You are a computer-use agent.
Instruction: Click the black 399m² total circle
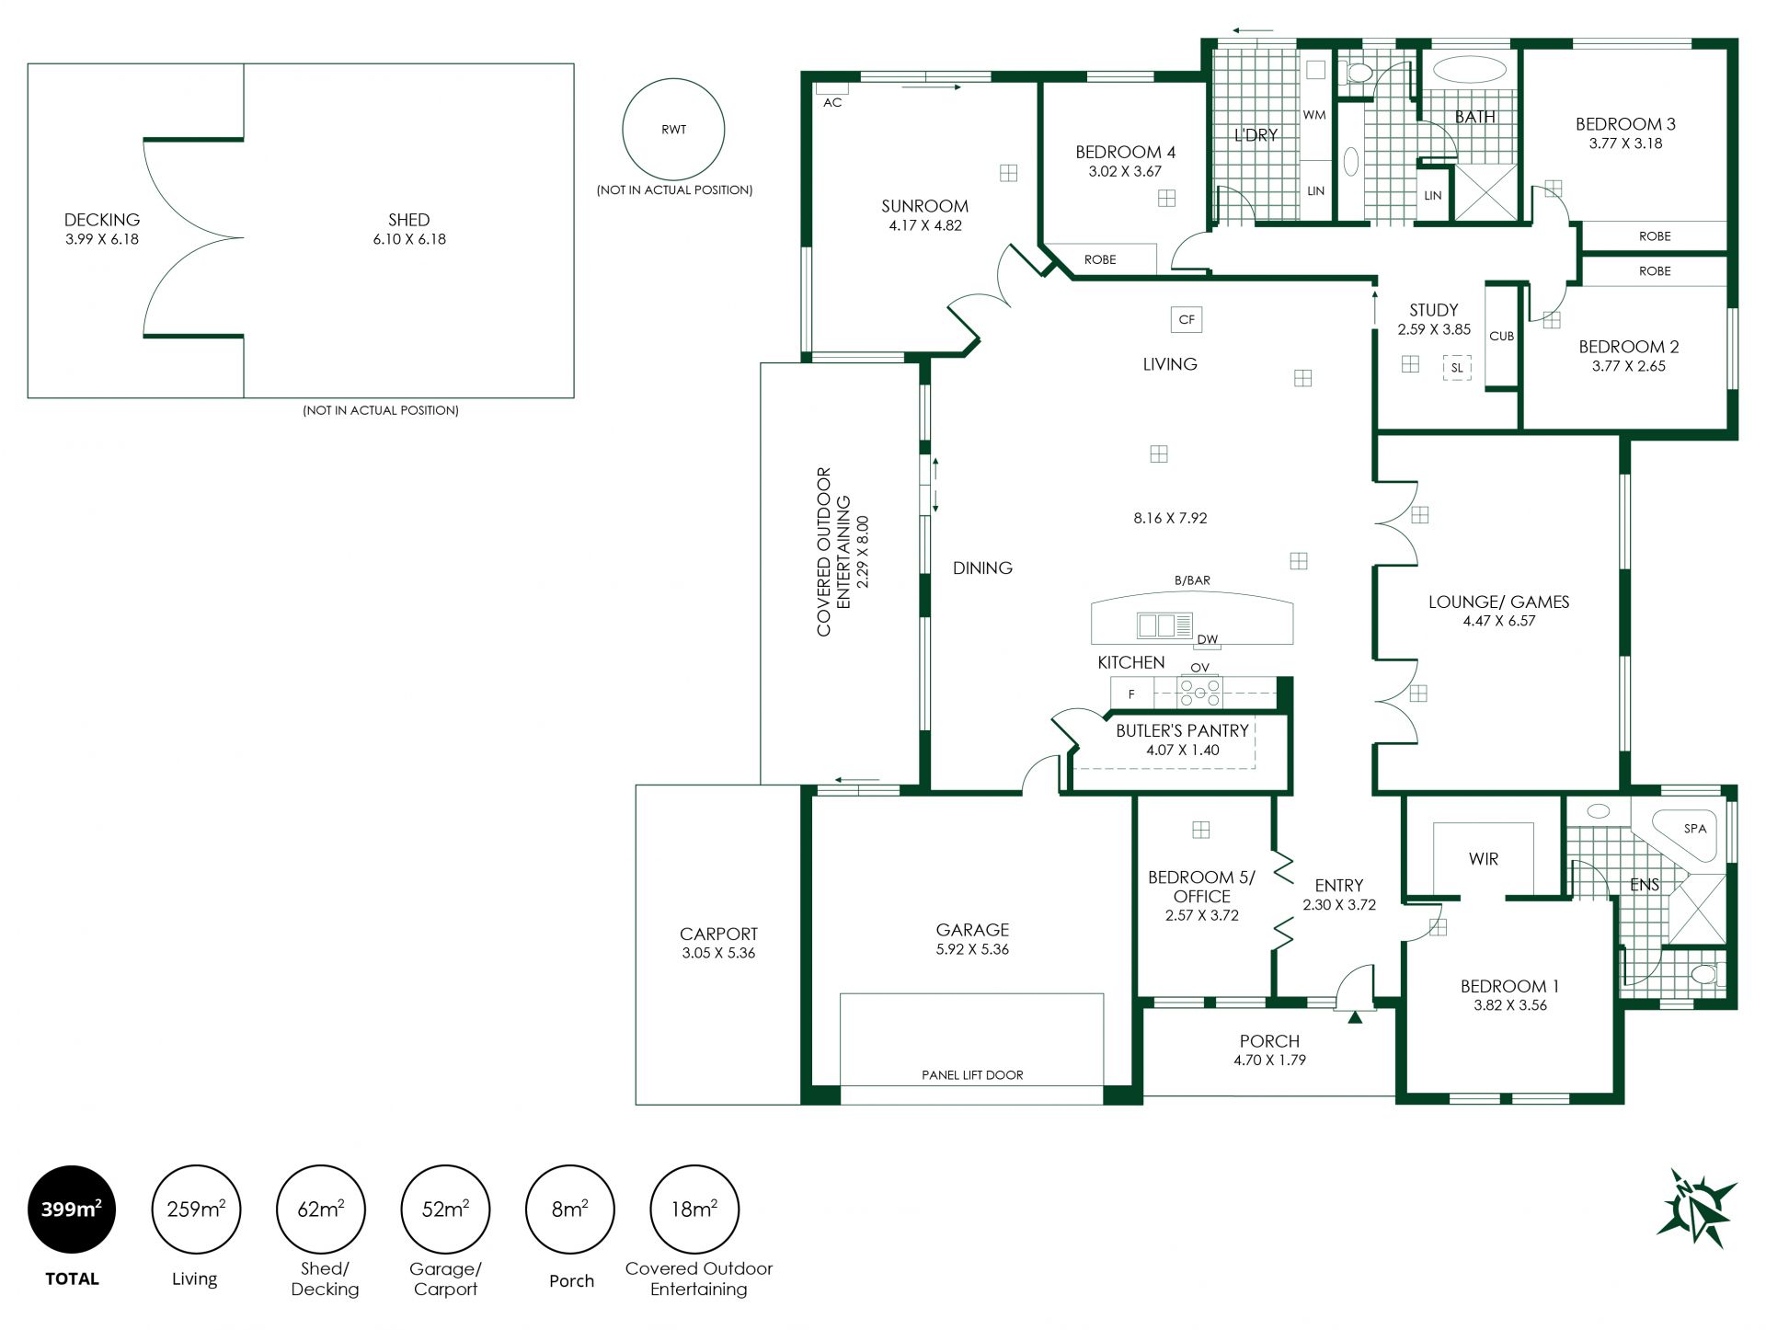[72, 1210]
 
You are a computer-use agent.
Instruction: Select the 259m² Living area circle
[196, 1210]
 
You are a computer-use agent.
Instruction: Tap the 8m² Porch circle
[569, 1210]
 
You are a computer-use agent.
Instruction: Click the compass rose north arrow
[1696, 1209]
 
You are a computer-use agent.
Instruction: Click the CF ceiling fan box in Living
[1187, 319]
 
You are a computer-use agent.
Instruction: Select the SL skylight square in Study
[1457, 368]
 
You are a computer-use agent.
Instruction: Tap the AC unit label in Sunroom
[832, 102]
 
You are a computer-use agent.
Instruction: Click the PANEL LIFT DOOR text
[972, 1074]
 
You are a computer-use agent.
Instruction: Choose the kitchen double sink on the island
[1164, 625]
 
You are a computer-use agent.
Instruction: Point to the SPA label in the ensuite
[1694, 828]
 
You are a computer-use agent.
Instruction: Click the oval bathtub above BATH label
[1470, 70]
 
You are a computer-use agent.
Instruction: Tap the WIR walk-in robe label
[1484, 859]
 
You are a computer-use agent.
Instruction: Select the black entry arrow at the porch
[1355, 1016]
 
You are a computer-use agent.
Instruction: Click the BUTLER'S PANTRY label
[1182, 730]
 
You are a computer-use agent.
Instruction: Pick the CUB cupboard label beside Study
[1501, 336]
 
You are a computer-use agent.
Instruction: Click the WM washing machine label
[1314, 115]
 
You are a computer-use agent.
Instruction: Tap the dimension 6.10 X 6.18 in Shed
[409, 239]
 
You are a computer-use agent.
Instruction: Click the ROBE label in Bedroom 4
[1100, 259]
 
